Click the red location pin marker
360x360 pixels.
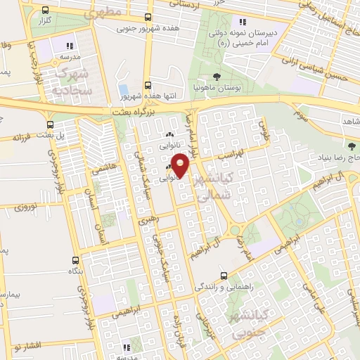181,165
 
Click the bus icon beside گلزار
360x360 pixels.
46,11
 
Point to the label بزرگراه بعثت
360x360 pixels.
130,111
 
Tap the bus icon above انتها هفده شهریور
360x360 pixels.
147,84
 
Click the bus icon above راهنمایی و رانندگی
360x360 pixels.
224,275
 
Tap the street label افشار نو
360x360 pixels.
27,346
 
